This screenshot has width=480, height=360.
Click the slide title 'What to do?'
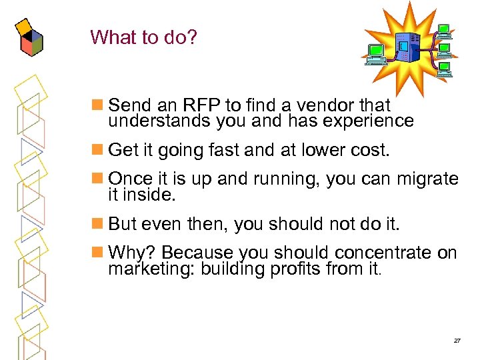pyautogui.click(x=144, y=37)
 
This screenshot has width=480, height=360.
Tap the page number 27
pyautogui.click(x=457, y=341)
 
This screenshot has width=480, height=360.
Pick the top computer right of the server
pyautogui.click(x=444, y=31)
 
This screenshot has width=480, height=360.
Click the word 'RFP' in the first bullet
pyautogui.click(x=199, y=105)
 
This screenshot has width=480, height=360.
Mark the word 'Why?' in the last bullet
pyautogui.click(x=132, y=253)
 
